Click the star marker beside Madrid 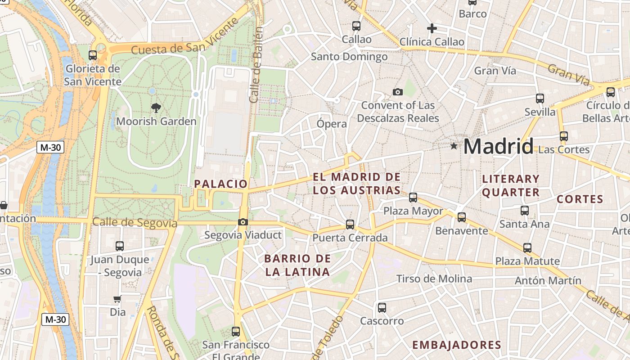pos(454,146)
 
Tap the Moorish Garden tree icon pos(156,108)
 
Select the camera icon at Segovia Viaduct pos(243,222)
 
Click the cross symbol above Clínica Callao pos(432,29)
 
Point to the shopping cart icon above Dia pos(117,299)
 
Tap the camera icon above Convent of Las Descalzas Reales pos(397,92)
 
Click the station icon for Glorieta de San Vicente pos(93,55)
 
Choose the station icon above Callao pos(356,26)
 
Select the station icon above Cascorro pos(382,308)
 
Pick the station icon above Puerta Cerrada pos(350,224)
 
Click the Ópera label pos(332,124)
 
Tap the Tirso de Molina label pos(434,279)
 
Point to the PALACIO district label pos(220,184)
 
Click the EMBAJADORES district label pos(456,345)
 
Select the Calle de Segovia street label pos(135,222)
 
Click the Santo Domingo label pos(349,57)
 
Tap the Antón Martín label pos(548,281)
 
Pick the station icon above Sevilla pos(540,99)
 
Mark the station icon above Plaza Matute pos(527,247)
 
